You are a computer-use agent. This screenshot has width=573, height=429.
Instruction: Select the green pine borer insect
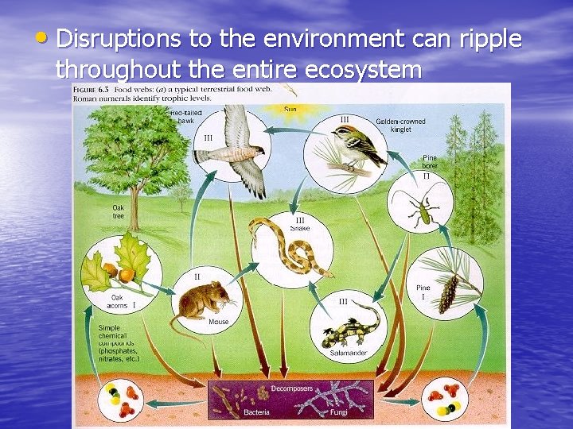click(422, 211)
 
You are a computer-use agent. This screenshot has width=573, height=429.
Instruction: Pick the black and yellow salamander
click(350, 323)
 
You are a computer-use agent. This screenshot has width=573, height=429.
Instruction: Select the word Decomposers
click(291, 388)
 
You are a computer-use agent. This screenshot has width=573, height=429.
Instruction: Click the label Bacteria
click(256, 412)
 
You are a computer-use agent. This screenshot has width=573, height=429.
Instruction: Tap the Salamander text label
click(348, 352)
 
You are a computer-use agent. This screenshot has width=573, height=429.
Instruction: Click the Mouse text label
click(218, 322)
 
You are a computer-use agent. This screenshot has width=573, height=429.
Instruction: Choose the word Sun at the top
click(290, 108)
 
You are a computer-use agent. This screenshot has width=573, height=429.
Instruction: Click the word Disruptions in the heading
click(119, 37)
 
